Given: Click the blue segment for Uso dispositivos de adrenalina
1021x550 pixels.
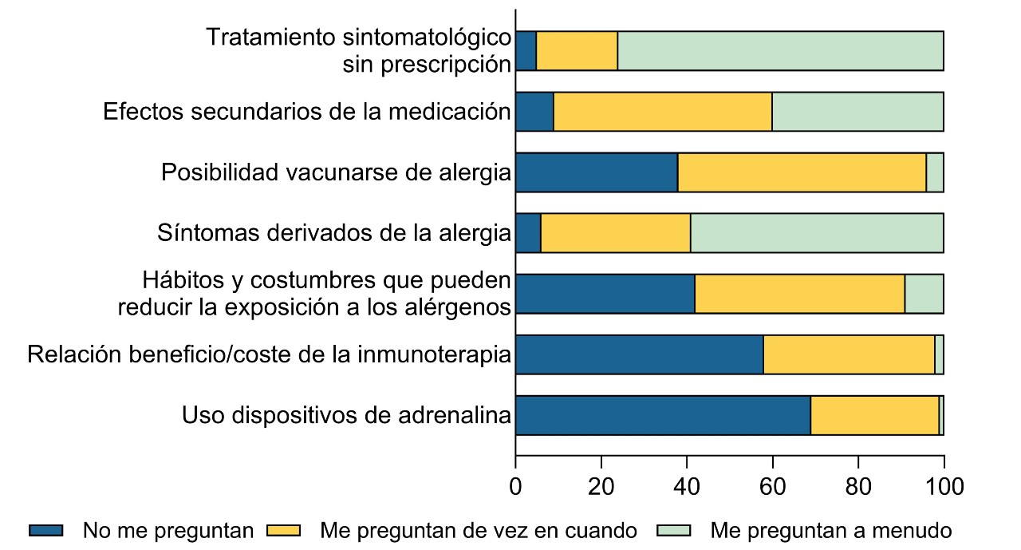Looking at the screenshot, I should point(663,415).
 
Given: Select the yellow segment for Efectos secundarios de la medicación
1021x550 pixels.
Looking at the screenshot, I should point(663,112).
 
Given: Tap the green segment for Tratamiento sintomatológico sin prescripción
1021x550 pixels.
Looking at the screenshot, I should point(780,51).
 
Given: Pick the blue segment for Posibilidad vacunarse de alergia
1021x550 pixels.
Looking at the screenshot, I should point(597,172).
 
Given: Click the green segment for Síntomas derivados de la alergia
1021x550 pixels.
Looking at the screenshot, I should point(817,233).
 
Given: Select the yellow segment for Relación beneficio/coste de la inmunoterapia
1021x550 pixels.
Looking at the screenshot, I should point(849,354).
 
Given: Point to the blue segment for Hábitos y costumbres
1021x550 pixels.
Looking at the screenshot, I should point(605,294).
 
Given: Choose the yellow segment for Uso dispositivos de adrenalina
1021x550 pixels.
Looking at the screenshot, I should point(875,415).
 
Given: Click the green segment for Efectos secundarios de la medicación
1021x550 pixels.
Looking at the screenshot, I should point(857,112).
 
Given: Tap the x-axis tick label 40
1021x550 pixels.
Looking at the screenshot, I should point(687,487).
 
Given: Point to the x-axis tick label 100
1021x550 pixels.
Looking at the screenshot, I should point(944,487).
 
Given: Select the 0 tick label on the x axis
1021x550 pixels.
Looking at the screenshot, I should point(516,487).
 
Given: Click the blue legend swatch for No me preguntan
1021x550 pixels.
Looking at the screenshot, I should point(46,530).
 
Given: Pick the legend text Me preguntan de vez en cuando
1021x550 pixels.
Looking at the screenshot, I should point(479,530).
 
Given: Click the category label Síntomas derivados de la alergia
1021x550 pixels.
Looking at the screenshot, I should point(334,233).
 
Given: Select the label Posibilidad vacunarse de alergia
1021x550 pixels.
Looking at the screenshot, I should point(336,172).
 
